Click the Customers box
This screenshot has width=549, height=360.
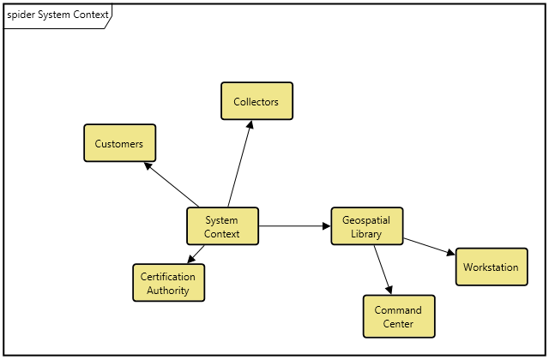point(119,143)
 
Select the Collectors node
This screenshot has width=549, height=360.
point(256,101)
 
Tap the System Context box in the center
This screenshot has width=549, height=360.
point(222,226)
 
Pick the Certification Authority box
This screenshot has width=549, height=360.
point(168,283)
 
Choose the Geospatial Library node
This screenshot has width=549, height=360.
point(366,226)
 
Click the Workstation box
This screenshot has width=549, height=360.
point(491,267)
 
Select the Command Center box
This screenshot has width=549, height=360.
point(399,316)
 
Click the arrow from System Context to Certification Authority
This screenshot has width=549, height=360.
point(196,255)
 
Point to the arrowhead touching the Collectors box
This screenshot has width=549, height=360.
point(250,125)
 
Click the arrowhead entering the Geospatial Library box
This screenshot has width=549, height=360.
point(326,226)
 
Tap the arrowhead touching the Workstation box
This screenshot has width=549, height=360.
point(450,253)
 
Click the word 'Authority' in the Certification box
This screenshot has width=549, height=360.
point(168,291)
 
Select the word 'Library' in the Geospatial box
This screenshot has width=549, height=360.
point(366,234)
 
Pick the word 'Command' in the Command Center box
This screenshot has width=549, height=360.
point(399,309)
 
